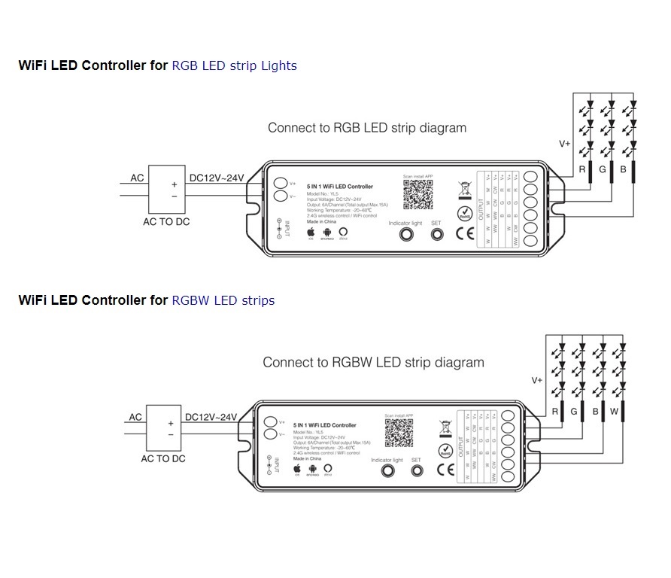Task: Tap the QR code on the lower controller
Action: tap(399, 433)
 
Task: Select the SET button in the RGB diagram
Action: tap(436, 234)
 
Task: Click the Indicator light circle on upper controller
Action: tap(405, 234)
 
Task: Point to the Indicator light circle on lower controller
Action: tap(387, 471)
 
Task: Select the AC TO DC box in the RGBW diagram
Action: tap(164, 427)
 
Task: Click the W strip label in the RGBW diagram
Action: tap(614, 412)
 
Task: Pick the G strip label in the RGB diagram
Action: tap(603, 170)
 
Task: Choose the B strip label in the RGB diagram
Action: tap(623, 170)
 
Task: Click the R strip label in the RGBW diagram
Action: tap(555, 412)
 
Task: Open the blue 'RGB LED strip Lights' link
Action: tap(234, 65)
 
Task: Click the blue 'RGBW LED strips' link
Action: tap(223, 300)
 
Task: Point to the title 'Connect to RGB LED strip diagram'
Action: tap(367, 128)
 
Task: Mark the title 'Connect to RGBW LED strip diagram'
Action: tap(373, 363)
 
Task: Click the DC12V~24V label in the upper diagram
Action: tap(217, 178)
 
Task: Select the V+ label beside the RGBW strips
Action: tap(537, 381)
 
